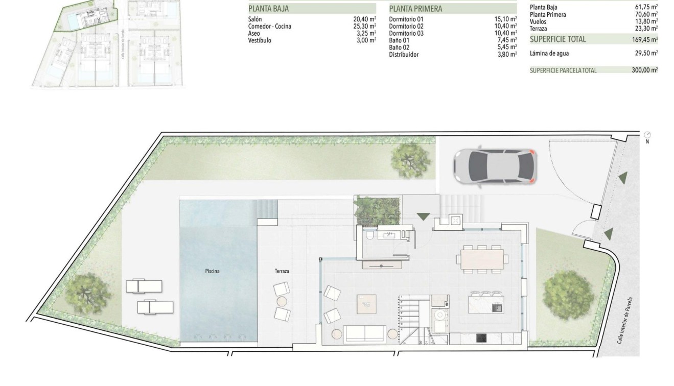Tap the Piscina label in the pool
(x=212, y=271)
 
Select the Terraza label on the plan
(x=282, y=271)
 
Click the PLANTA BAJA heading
(x=268, y=9)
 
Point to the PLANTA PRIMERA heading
(x=415, y=9)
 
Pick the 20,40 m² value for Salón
(x=365, y=19)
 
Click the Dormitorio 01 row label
(x=406, y=19)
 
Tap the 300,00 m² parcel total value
(x=644, y=70)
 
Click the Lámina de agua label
(x=549, y=53)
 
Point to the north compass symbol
(x=647, y=134)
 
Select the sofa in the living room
(x=365, y=334)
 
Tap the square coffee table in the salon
(x=366, y=304)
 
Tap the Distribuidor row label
(x=404, y=55)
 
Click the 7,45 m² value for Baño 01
(x=506, y=40)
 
